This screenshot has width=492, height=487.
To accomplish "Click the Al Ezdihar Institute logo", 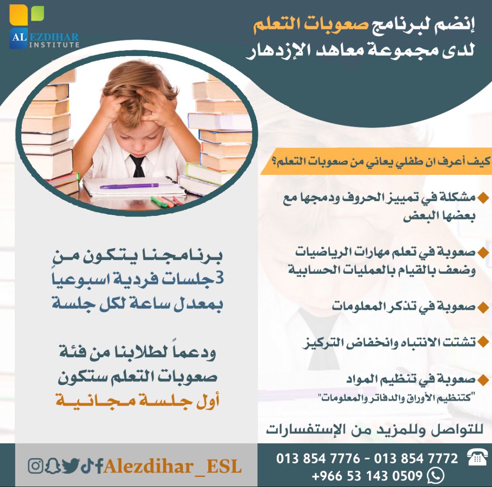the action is tap(44, 28).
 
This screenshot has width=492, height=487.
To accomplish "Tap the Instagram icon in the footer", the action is tap(35, 466).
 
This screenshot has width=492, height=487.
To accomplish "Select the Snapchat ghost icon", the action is tap(52, 466).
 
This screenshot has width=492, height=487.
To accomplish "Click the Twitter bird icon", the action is tap(70, 466).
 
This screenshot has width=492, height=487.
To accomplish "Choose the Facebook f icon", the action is tap(99, 466).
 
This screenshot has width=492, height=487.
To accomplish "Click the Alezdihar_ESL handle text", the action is tap(173, 466).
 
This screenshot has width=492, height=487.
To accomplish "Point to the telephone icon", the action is tap(477, 457).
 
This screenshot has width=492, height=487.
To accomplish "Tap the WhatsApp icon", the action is tap(436, 476).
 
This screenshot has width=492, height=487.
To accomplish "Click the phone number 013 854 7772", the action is tap(416, 459).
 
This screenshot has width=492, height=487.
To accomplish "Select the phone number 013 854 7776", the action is tap(318, 459).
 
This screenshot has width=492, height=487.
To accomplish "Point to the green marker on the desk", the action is tap(159, 202).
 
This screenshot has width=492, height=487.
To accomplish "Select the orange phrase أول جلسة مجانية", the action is tap(137, 400).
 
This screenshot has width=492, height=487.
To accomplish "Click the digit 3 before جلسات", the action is tap(220, 278).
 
